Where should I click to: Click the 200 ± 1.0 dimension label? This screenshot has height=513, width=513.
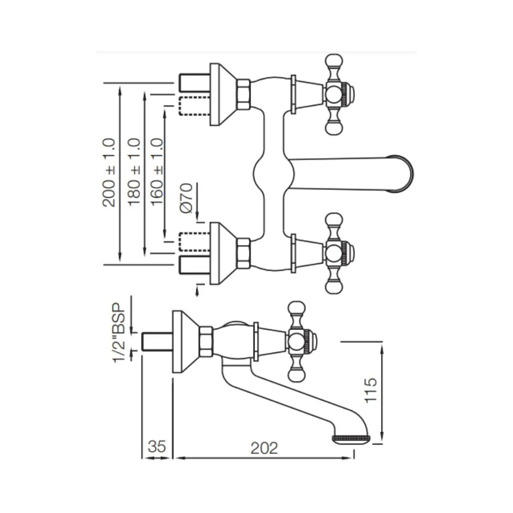click(109, 172)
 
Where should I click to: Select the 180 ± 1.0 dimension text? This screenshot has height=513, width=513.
click(134, 172)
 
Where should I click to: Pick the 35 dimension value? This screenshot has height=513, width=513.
click(157, 447)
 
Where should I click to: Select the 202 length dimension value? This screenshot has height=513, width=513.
click(265, 447)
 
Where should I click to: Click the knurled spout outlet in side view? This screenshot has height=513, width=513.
click(351, 437)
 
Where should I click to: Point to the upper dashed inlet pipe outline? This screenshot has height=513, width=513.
click(194, 105)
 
